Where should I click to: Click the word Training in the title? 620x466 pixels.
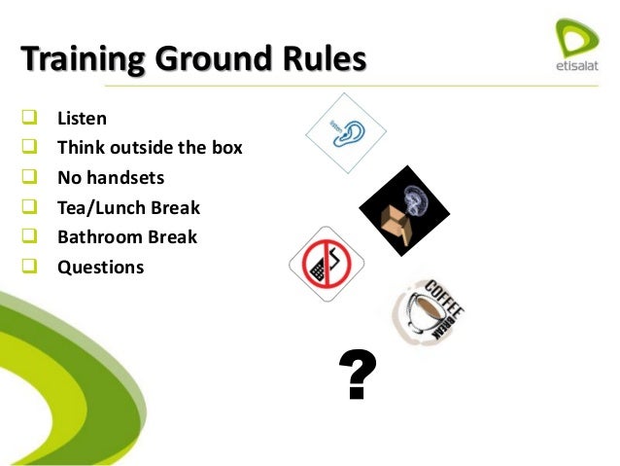(83, 59)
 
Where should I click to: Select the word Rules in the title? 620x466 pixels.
(324, 59)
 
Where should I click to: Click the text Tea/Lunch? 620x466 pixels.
(99, 207)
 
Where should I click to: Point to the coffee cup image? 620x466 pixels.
(428, 313)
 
